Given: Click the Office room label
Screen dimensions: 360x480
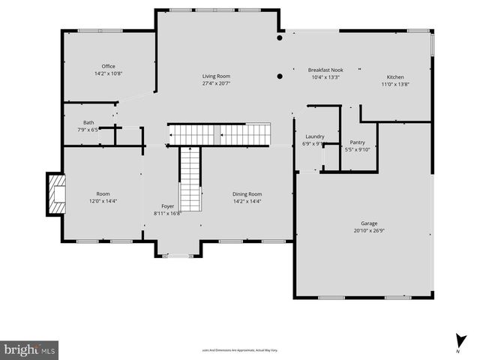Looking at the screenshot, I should [109, 66].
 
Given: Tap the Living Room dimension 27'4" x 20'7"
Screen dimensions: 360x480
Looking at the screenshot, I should [216, 84].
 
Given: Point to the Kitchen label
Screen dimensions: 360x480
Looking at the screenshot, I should [395, 76].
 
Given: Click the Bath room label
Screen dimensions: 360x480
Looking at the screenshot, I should [88, 122].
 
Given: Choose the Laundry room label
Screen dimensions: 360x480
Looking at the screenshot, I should [314, 136].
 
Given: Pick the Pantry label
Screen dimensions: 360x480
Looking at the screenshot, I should [358, 142].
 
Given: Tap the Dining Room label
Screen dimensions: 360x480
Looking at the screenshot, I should [247, 193].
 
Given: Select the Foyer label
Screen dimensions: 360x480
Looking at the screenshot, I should [168, 205].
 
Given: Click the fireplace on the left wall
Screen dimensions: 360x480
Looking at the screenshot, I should [55, 193].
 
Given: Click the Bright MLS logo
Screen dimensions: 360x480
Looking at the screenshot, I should [29, 349].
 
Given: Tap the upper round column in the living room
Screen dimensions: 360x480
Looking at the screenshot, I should [280, 37].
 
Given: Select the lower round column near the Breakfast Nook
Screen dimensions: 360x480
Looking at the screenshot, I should [280, 76].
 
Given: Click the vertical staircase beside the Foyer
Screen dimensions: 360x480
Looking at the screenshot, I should [190, 178].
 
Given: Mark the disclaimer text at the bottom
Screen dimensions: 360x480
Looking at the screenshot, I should [239, 350].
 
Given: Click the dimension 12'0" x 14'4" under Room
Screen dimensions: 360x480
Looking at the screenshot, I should [103, 201].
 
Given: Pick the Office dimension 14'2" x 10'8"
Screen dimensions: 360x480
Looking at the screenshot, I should [109, 73].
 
